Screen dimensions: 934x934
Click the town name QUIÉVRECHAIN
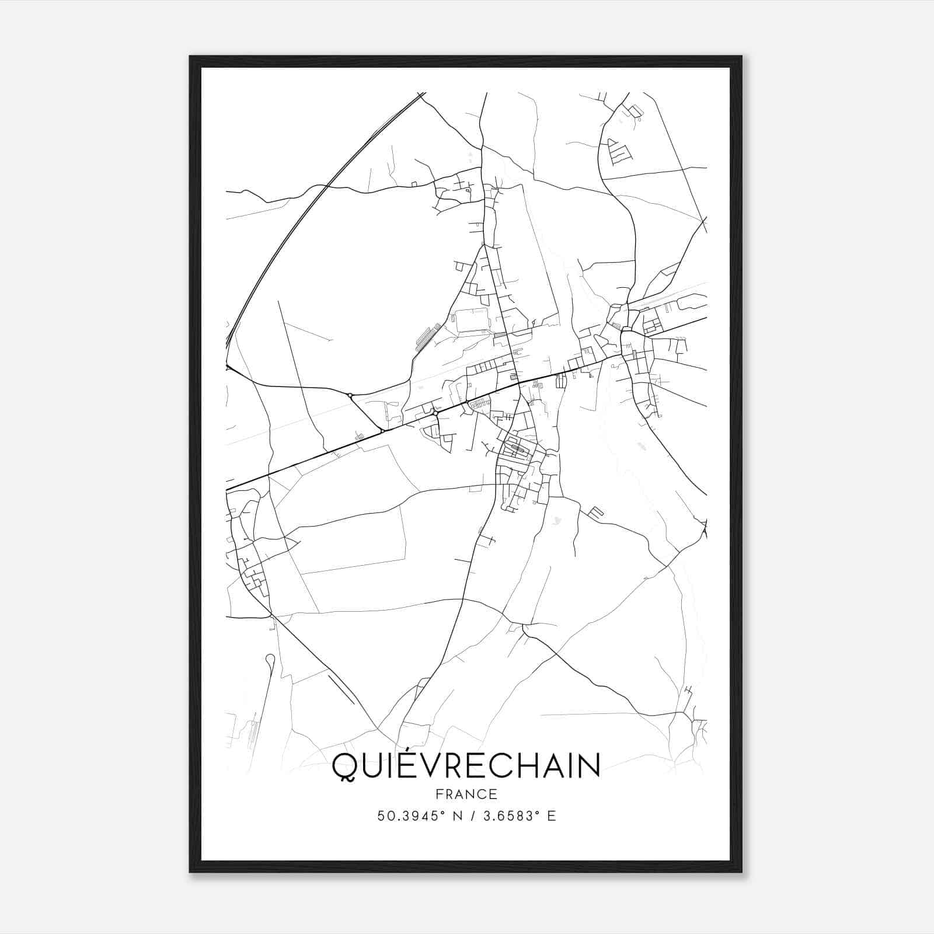click(x=466, y=766)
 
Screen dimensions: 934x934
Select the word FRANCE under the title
click(x=466, y=794)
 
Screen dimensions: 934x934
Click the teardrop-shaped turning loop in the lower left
click(x=269, y=660)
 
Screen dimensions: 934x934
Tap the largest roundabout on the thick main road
click(x=435, y=413)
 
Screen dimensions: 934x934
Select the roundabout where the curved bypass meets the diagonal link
click(x=350, y=396)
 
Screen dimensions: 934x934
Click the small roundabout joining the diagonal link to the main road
click(x=382, y=431)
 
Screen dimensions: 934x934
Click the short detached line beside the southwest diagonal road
click(x=341, y=689)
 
